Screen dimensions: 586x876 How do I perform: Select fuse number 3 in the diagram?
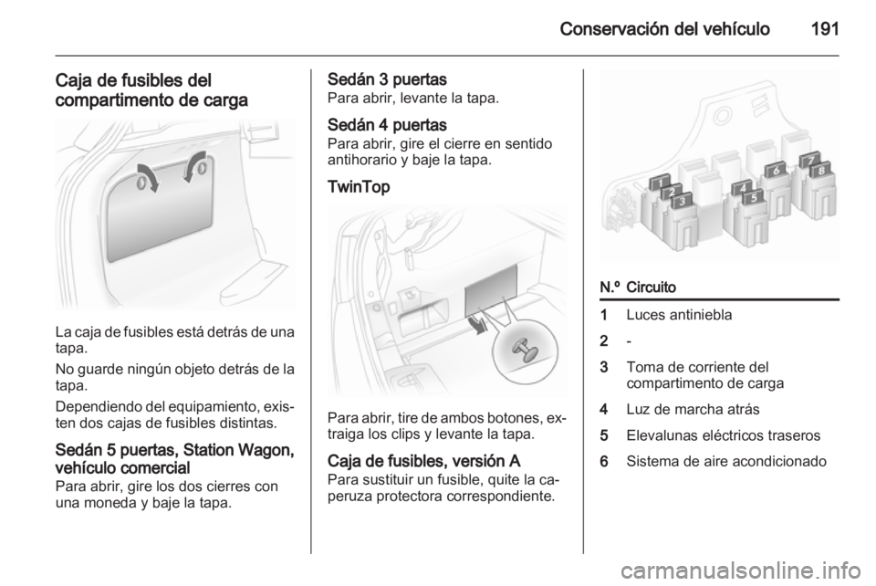tap(681, 201)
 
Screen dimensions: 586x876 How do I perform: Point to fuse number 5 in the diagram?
tap(753, 197)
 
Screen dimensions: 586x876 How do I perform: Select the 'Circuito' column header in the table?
tap(652, 287)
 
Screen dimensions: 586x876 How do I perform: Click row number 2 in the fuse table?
tap(603, 340)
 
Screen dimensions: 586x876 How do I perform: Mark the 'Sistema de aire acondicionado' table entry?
tap(726, 462)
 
